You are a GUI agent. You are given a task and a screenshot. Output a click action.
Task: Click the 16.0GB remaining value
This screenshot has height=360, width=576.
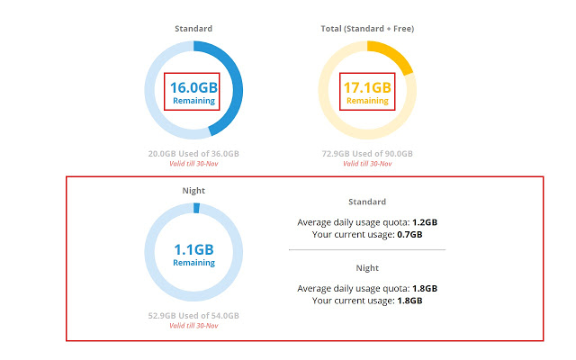click(193, 88)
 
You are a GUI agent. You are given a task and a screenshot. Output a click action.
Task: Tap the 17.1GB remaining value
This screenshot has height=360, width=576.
click(367, 88)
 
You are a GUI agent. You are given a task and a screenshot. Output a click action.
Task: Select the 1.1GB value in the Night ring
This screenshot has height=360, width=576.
click(193, 250)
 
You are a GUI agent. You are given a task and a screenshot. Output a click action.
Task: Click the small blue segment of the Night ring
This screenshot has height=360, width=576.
click(196, 208)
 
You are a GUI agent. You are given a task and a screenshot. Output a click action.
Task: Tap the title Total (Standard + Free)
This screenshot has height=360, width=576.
click(367, 29)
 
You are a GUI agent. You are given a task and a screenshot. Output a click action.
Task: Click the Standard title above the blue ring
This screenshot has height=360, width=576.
click(193, 29)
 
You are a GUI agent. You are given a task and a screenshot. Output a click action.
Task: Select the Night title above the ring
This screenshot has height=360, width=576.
click(193, 191)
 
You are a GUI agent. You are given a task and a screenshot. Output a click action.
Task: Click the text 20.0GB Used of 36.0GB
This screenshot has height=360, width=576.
click(193, 154)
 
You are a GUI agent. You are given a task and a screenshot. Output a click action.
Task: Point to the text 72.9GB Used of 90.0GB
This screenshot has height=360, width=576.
click(367, 154)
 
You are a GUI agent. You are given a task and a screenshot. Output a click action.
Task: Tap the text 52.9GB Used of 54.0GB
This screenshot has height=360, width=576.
click(193, 316)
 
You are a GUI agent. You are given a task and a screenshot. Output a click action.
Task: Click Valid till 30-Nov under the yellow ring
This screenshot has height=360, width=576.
click(367, 164)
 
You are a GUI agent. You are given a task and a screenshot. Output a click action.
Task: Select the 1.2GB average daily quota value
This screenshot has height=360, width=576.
click(425, 222)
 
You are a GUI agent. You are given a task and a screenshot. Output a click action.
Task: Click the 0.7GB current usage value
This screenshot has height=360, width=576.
click(409, 234)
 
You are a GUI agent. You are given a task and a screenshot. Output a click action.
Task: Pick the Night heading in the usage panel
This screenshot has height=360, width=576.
click(367, 268)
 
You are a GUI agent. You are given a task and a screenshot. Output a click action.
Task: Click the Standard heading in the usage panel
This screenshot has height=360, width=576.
click(367, 202)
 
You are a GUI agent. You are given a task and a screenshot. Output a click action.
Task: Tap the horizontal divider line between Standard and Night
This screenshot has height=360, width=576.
click(367, 250)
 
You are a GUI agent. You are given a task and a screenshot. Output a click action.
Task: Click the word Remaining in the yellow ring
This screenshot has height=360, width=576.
click(367, 101)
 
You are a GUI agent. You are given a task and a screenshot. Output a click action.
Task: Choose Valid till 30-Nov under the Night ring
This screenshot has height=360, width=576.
click(193, 326)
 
